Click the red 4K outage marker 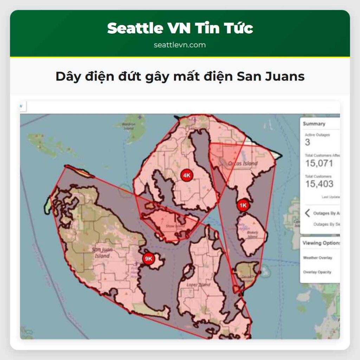(x=187, y=175)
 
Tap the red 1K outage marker (x=243, y=205)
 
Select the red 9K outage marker (x=148, y=259)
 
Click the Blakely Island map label (x=253, y=234)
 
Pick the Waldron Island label (x=128, y=126)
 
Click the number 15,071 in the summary (x=319, y=163)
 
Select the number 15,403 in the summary (x=319, y=184)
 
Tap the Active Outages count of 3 (x=308, y=142)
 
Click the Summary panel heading (x=314, y=124)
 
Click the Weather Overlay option (x=317, y=258)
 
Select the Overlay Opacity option (x=317, y=272)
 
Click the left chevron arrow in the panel (x=307, y=213)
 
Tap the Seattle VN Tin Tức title (x=180, y=28)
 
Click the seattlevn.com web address (x=180, y=45)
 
